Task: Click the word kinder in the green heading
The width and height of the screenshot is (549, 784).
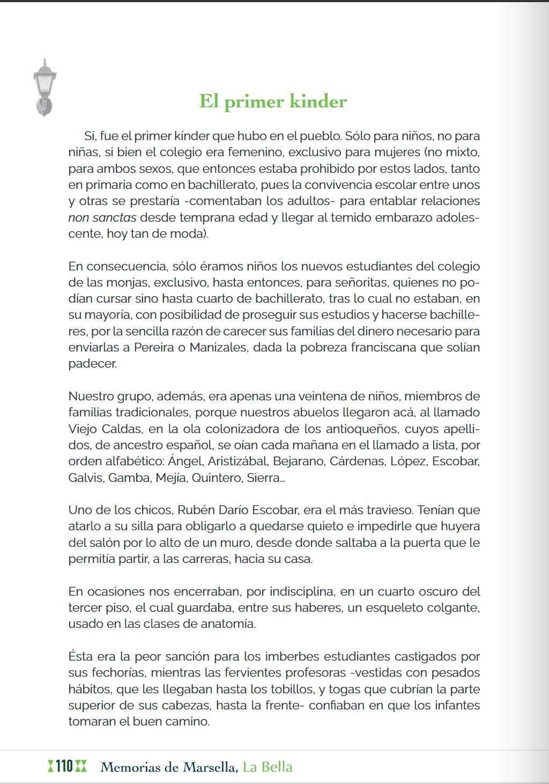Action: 318,101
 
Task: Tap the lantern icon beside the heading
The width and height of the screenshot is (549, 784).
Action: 44,87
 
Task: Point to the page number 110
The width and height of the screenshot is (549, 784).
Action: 64,766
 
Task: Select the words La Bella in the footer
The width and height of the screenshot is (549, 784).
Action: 268,767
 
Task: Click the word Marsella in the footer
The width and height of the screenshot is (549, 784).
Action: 210,767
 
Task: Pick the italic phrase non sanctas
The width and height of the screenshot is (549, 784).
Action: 102,217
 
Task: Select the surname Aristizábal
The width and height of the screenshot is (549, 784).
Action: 238,461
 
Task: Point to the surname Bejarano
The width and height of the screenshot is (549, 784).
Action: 298,461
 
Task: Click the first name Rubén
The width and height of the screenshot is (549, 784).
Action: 196,510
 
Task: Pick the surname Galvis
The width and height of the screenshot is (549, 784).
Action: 86,478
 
